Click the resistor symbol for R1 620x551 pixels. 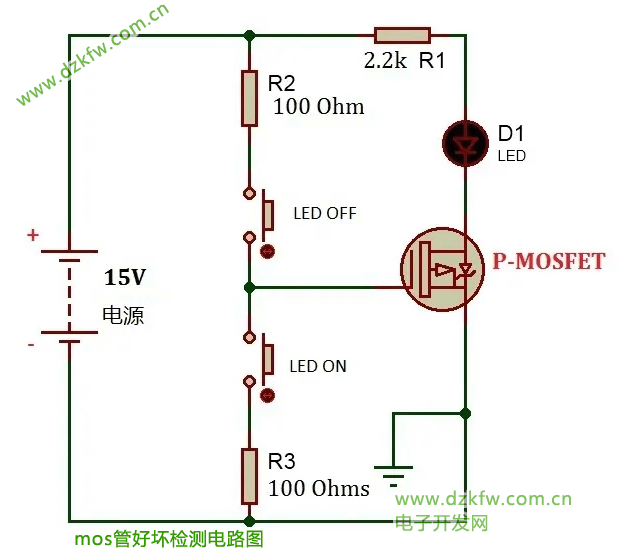coord(402,36)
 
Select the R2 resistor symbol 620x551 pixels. coord(250,98)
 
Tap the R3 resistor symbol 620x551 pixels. coord(250,476)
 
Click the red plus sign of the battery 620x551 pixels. coord(33,236)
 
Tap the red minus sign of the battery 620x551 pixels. coord(31,345)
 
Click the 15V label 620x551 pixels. coord(124,277)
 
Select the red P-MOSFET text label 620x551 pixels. coord(548,262)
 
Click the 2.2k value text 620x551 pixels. coord(384,61)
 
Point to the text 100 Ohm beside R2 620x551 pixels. coord(318,106)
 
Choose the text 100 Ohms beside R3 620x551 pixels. coord(319,489)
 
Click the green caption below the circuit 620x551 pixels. coord(168,539)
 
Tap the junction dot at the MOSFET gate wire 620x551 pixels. coord(250,287)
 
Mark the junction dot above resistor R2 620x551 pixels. coord(250,36)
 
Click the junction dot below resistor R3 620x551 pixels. coord(250,521)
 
